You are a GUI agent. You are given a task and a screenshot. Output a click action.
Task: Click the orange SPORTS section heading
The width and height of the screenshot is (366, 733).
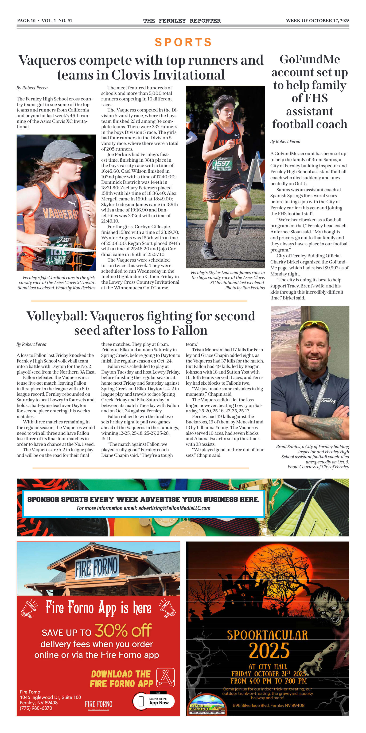183,42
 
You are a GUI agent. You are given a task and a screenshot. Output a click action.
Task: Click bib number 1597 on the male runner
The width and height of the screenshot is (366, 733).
222,163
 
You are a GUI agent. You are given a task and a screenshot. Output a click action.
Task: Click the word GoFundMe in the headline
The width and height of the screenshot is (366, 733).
310,60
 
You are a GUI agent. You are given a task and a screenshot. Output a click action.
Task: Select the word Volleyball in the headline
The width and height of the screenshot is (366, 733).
57,316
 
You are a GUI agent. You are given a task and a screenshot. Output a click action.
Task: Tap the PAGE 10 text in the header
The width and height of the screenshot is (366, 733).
26,20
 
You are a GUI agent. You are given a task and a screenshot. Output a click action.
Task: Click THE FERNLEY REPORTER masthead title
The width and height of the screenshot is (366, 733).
182,20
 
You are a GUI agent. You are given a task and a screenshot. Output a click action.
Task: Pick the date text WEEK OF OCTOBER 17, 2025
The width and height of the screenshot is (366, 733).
317,20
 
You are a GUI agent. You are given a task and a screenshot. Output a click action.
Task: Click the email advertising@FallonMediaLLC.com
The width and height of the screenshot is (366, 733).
174,508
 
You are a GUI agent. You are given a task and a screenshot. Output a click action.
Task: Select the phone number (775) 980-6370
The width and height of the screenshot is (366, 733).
36,708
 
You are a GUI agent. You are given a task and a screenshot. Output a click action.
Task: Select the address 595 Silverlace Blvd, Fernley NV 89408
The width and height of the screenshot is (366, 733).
269,705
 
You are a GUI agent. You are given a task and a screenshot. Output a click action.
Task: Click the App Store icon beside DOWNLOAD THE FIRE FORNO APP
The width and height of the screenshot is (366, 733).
165,677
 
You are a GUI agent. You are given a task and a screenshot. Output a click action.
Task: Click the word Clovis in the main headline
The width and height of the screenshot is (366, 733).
130,75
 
